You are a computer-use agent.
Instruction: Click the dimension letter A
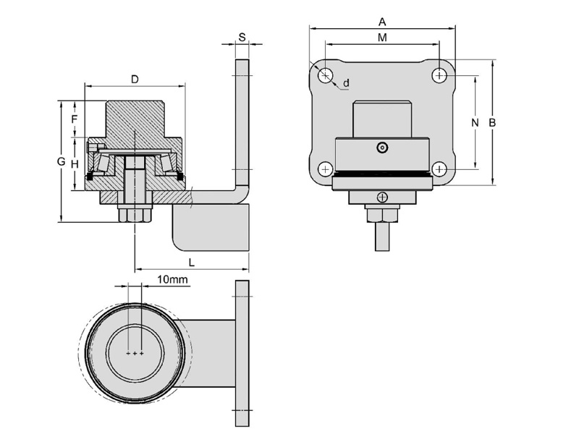(x=382, y=21)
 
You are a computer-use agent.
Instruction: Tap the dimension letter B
(x=492, y=122)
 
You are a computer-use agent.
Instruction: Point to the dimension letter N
(x=475, y=122)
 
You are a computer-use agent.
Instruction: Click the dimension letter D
(x=135, y=78)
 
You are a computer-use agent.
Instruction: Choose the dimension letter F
(x=75, y=117)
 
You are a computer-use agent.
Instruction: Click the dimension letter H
(x=75, y=164)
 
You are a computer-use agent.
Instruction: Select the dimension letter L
(x=192, y=260)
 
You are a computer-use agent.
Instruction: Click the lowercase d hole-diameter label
(x=346, y=83)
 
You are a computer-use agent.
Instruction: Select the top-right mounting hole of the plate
(x=440, y=75)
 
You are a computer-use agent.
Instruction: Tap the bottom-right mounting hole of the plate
(x=440, y=169)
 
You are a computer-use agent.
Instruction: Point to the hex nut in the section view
(x=135, y=215)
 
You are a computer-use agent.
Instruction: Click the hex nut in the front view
(x=382, y=215)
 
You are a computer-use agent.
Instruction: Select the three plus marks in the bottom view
(x=135, y=354)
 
